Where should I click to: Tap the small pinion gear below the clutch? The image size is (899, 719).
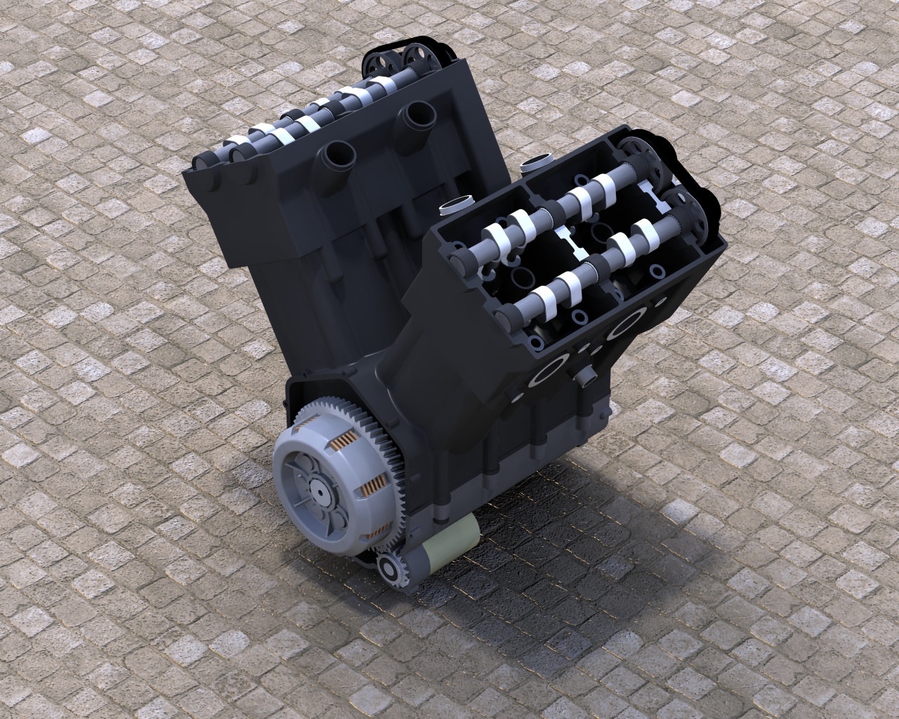pos(393,567)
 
